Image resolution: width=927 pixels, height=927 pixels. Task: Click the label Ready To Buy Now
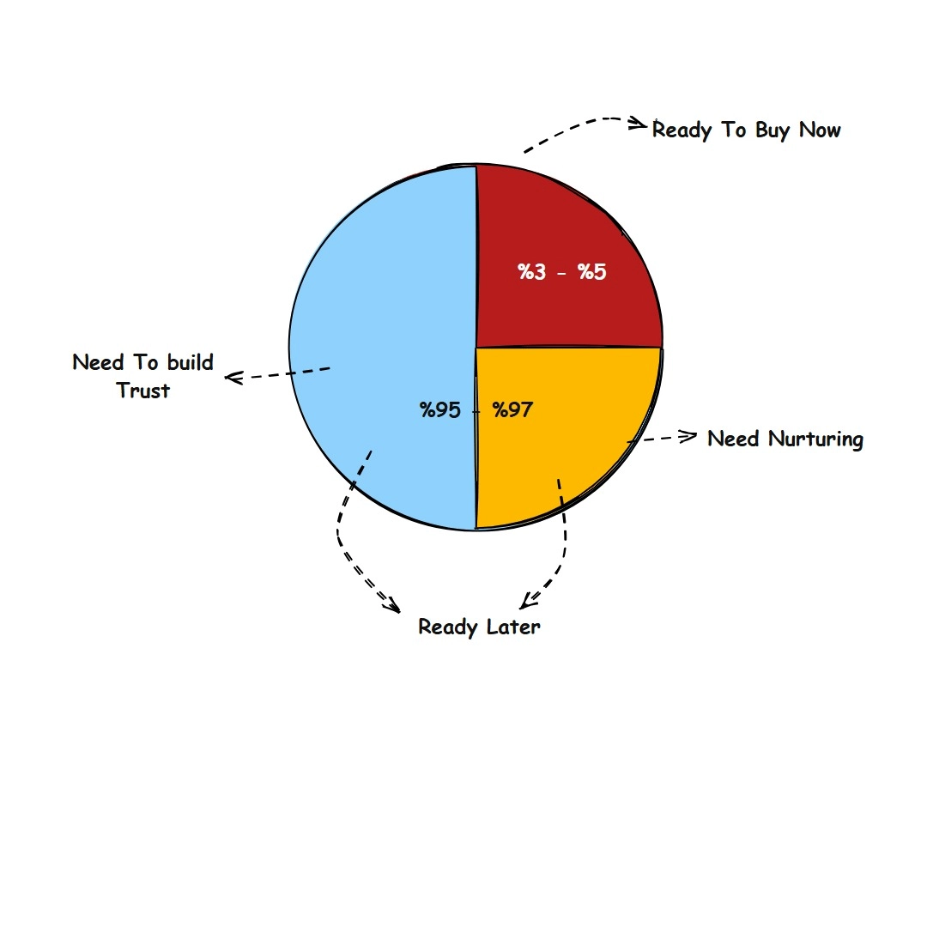(746, 130)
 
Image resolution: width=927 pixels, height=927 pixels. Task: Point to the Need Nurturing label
(785, 439)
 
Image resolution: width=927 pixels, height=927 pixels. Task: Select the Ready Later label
(479, 627)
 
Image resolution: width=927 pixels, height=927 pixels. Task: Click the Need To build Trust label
(143, 376)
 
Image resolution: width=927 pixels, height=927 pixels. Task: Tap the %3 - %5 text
(562, 273)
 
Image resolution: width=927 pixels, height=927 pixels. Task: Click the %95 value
(440, 410)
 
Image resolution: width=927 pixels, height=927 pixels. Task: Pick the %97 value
(512, 410)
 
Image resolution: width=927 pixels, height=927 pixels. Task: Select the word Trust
(143, 391)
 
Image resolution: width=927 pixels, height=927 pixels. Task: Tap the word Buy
(773, 130)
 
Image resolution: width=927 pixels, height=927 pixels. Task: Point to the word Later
(513, 627)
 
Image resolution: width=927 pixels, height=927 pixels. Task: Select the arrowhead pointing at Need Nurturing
(689, 437)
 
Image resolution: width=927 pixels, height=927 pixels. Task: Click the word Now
(820, 130)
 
